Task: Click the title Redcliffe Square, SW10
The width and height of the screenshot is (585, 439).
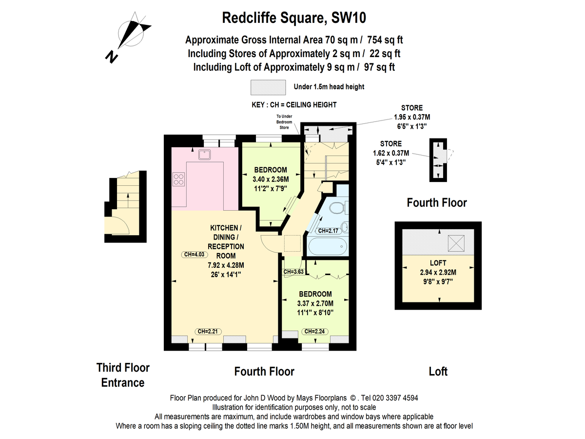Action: (294, 18)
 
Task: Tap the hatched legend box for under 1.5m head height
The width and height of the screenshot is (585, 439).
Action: (268, 87)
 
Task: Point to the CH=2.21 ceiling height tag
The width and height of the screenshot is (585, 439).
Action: (209, 331)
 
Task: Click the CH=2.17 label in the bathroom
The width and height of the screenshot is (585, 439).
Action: (328, 231)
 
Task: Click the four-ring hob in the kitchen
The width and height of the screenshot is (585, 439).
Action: (178, 179)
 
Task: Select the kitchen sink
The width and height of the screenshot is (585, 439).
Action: (204, 155)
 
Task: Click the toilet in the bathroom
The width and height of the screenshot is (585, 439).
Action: (336, 209)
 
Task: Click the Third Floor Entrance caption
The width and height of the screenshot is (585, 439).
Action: (123, 375)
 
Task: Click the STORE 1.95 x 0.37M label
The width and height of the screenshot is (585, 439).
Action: (412, 117)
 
